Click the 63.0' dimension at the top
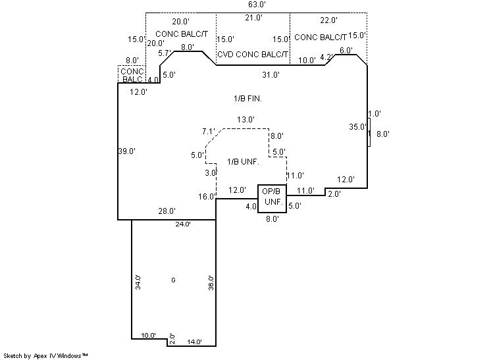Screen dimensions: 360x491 256,5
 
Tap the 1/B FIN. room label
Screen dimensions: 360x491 248,99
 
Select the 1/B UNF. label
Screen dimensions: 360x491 243,161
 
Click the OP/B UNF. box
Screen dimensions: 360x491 272,197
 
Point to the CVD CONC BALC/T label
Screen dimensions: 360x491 253,55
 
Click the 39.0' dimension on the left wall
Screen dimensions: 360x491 126,151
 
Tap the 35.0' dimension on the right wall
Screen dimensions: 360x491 357,127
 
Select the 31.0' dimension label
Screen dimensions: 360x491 271,74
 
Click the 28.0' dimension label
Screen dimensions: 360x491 167,211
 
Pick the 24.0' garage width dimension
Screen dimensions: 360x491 182,224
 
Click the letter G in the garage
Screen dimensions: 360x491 173,280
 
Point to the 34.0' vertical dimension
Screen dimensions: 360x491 138,282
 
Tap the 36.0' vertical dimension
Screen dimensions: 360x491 210,282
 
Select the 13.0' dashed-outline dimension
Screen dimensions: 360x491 245,120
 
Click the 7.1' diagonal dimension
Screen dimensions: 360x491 209,132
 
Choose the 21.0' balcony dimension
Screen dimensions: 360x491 253,18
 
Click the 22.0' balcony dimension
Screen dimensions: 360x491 328,21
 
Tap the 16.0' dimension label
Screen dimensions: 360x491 207,196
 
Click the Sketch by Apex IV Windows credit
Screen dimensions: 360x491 45,355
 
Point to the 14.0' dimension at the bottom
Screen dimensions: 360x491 194,342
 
